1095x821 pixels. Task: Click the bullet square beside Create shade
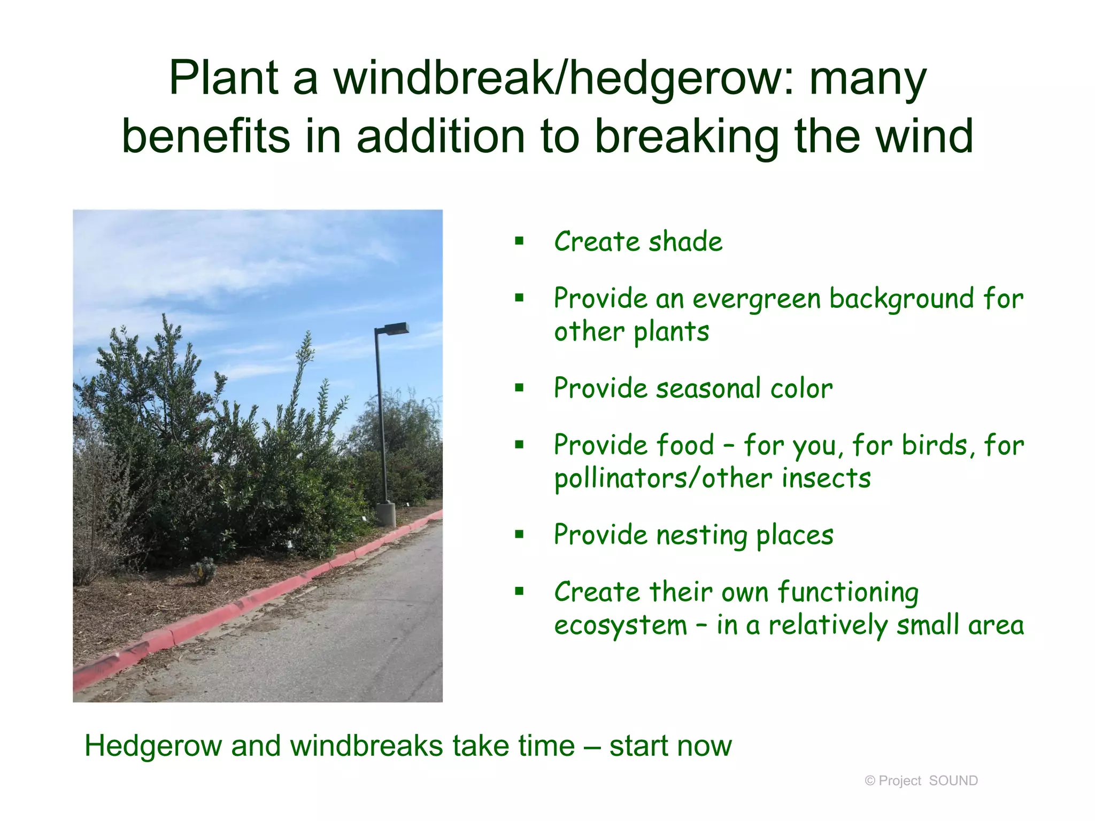click(x=519, y=241)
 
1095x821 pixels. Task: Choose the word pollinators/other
click(x=664, y=478)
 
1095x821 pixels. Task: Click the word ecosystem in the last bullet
click(x=620, y=626)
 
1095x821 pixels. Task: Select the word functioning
click(x=848, y=593)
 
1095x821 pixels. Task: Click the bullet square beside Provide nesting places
click(x=519, y=535)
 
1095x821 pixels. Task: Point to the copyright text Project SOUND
click(x=921, y=781)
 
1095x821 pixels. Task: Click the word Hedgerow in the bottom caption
click(x=153, y=747)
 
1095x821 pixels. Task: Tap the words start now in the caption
click(x=670, y=746)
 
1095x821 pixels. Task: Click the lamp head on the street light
click(x=396, y=328)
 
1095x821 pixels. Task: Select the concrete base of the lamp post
click(x=385, y=514)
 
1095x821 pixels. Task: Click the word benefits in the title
click(x=206, y=137)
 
